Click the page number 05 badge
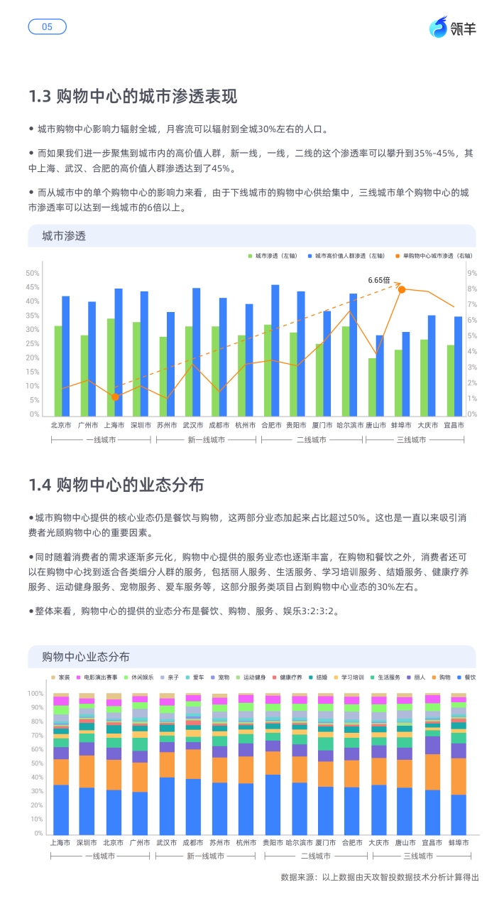(47, 27)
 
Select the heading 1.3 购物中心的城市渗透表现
(133, 97)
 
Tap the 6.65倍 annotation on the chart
(379, 280)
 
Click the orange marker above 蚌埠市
(402, 289)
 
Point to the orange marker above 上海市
(116, 397)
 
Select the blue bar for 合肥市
(275, 350)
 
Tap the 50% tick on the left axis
(33, 273)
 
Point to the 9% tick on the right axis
(472, 273)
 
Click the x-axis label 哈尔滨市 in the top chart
(351, 425)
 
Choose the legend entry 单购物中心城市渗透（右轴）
(437, 255)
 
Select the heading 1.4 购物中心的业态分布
(116, 485)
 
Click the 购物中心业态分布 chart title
(86, 656)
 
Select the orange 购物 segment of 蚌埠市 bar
(459, 776)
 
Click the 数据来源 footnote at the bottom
(380, 877)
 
